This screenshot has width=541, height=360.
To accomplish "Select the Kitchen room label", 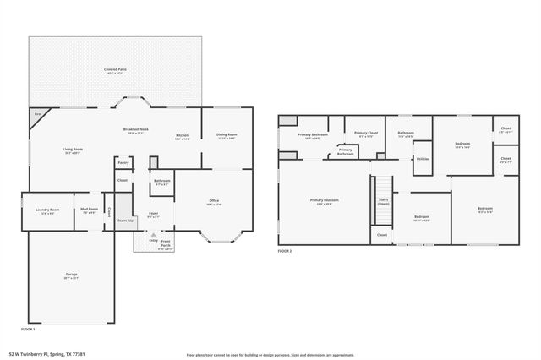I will (182, 137).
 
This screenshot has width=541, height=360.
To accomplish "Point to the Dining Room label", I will (226, 136).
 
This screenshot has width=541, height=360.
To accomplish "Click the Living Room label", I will (73, 151).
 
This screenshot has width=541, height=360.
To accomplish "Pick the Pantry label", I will (123, 162).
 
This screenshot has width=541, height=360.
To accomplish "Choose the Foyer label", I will (153, 215).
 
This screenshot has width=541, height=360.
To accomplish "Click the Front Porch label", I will (166, 245).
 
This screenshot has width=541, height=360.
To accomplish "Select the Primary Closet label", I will (366, 134).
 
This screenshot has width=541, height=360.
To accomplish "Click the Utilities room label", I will (423, 158).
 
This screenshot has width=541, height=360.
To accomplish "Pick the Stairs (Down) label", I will (383, 202).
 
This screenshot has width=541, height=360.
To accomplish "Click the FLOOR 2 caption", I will (285, 252).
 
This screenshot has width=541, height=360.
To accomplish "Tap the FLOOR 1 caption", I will (28, 329).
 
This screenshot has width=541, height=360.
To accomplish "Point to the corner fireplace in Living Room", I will (38, 116).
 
